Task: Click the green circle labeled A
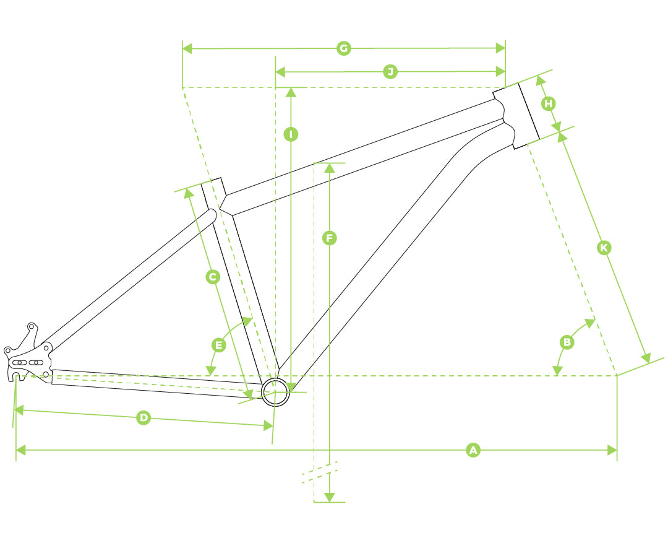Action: click(x=473, y=450)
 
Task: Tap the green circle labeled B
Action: click(x=567, y=342)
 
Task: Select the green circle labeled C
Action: click(x=213, y=277)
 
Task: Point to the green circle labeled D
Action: click(x=144, y=417)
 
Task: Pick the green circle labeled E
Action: click(x=219, y=345)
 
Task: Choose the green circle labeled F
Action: click(x=329, y=238)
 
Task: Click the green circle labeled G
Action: click(x=343, y=48)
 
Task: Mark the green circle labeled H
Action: click(x=548, y=103)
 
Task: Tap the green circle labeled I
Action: click(x=291, y=134)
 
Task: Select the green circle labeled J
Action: click(x=390, y=72)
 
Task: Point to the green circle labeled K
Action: click(x=604, y=248)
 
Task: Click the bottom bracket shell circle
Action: click(x=275, y=391)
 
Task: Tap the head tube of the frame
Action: click(x=516, y=116)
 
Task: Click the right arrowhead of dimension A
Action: click(x=612, y=450)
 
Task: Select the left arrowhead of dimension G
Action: click(x=187, y=49)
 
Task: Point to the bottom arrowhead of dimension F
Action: click(x=329, y=497)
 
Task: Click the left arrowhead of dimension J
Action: click(x=281, y=72)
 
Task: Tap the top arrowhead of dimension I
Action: click(x=291, y=92)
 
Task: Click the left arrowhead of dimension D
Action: click(x=20, y=411)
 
